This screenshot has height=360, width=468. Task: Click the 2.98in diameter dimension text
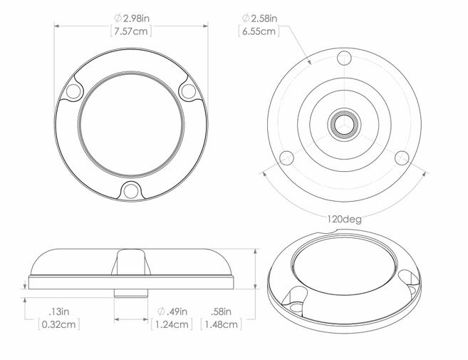(x=132, y=19)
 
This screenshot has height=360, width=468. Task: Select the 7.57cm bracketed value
(x=131, y=31)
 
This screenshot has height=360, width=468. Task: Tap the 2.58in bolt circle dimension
(x=259, y=19)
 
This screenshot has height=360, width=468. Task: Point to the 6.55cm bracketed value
(x=259, y=31)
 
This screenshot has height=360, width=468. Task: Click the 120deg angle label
(x=345, y=220)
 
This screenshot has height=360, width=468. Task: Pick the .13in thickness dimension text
(x=59, y=312)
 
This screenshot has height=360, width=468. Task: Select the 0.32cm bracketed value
(x=59, y=324)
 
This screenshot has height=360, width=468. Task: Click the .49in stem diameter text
(x=172, y=312)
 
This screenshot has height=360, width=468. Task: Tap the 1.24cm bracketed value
(x=172, y=324)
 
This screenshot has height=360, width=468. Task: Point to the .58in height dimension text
(x=221, y=312)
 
